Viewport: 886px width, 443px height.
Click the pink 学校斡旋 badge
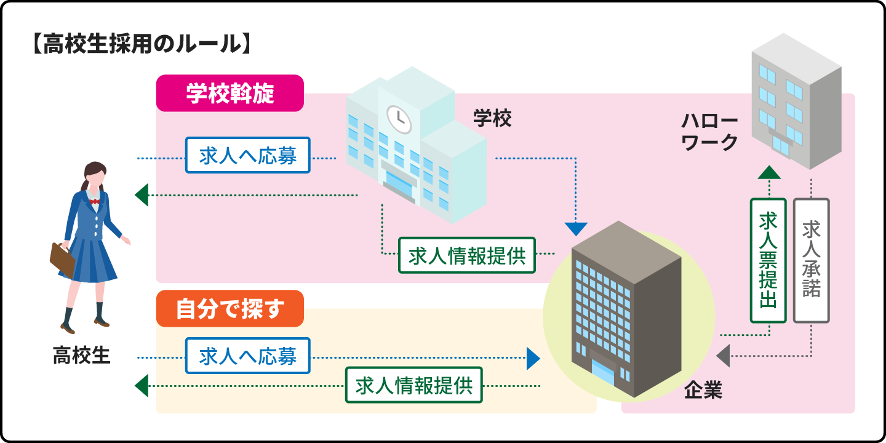click(x=229, y=94)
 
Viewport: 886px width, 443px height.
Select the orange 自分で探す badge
click(x=229, y=308)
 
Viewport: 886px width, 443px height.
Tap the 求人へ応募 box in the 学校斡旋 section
click(x=248, y=155)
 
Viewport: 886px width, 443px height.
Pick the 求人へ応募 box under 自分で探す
click(x=248, y=356)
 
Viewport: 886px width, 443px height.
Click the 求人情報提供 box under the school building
click(x=467, y=255)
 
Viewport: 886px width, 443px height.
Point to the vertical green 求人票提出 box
click(x=768, y=260)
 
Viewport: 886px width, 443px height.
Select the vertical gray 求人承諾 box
click(x=811, y=260)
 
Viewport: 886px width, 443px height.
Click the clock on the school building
click(x=398, y=118)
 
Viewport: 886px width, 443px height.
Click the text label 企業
click(x=703, y=390)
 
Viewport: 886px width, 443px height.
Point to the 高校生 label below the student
click(x=81, y=355)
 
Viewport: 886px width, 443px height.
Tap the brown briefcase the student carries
click(x=62, y=259)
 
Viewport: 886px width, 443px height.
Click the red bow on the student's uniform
click(x=95, y=201)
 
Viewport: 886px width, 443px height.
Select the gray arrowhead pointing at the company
click(x=723, y=356)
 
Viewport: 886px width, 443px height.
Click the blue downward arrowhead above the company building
click(x=576, y=228)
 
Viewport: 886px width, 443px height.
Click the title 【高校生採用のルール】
click(x=140, y=46)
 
